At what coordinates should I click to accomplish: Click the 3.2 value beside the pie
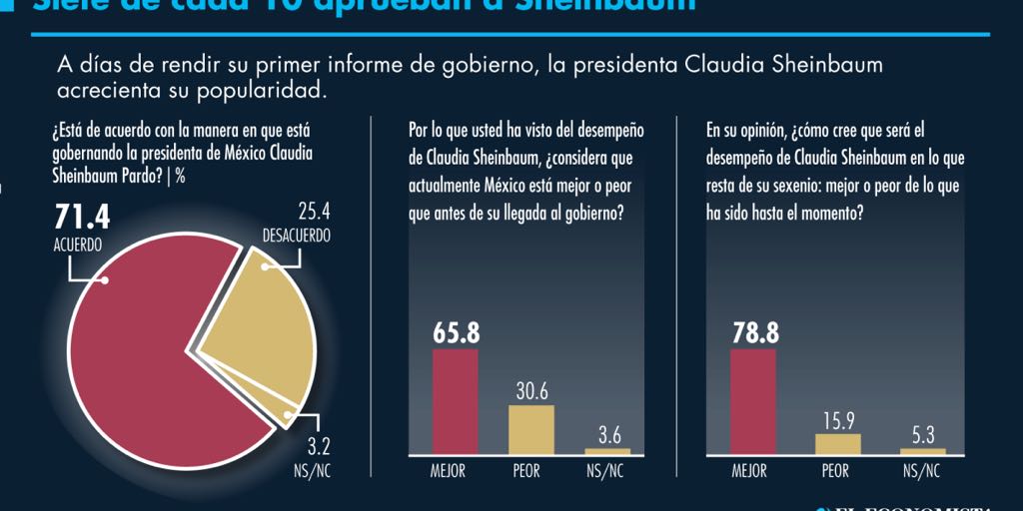pos(312,448)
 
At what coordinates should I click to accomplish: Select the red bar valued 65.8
pos(455,400)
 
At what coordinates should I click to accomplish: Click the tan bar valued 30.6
pos(531,428)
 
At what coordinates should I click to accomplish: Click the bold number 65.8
pos(455,333)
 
